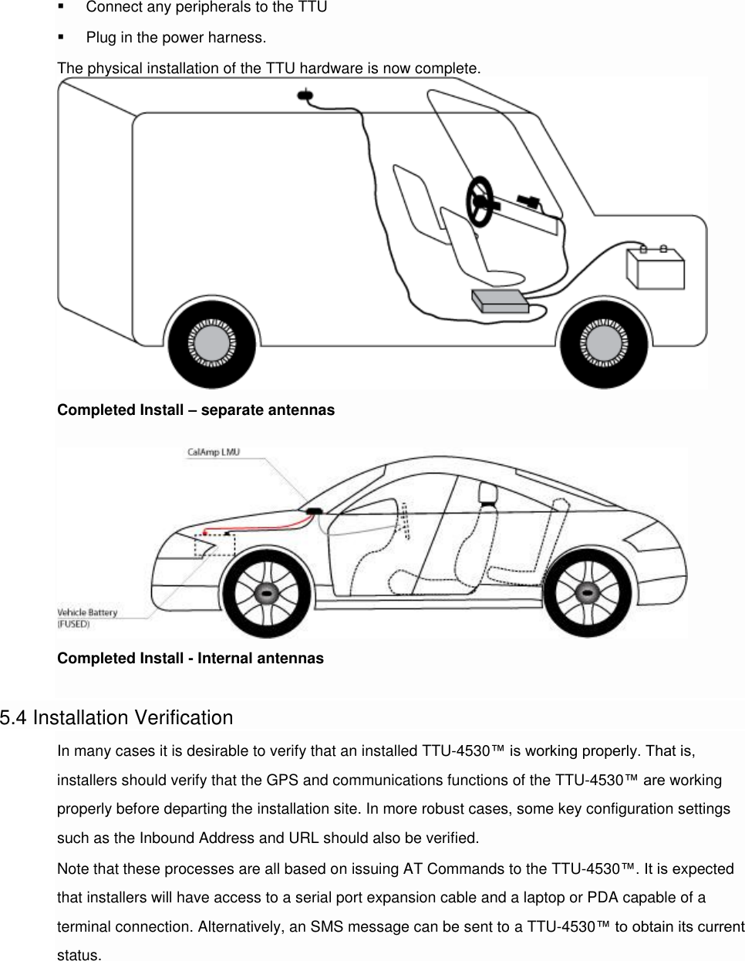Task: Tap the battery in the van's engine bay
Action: [x=655, y=268]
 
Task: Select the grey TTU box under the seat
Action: [x=500, y=300]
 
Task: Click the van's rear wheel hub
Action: [x=211, y=342]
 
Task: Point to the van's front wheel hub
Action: [x=604, y=342]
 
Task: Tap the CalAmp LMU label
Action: [x=214, y=452]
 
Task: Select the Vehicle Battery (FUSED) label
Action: [x=87, y=618]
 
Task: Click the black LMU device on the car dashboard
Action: [x=314, y=511]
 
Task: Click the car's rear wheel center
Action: [x=588, y=595]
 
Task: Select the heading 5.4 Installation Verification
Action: [x=116, y=717]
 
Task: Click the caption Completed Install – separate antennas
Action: [x=196, y=410]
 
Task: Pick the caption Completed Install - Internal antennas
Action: [x=190, y=658]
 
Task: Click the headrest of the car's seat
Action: [x=486, y=491]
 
